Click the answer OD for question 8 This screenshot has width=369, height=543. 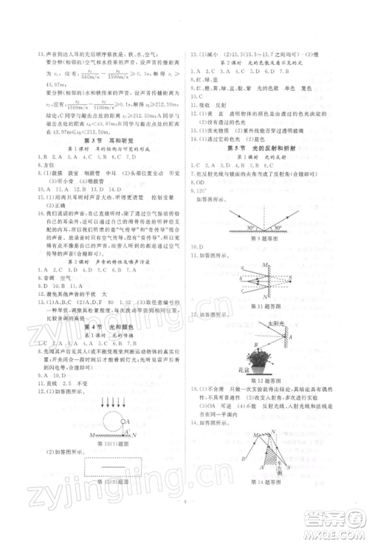201,181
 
